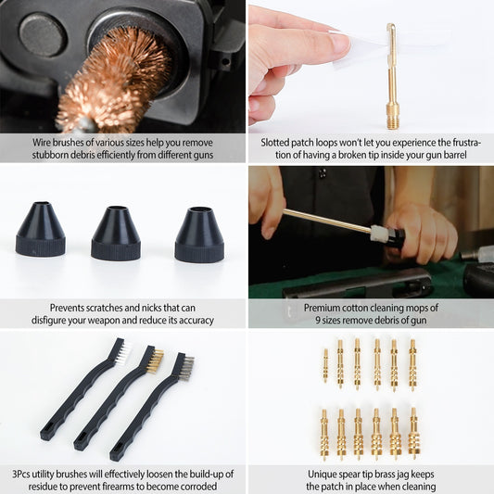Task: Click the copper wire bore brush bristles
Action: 111,79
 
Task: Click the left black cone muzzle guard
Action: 41,231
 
